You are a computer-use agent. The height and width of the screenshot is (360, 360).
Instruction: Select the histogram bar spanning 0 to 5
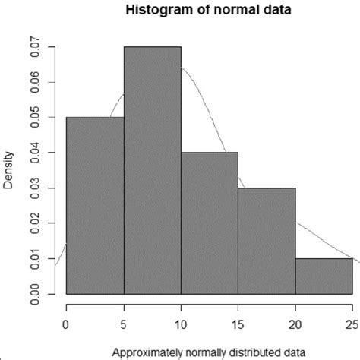coord(95,205)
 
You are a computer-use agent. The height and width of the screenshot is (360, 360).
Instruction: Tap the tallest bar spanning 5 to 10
coord(152,170)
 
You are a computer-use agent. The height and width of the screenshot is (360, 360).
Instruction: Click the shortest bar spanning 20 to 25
coord(324,276)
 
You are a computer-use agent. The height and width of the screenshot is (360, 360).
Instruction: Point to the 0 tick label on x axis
coord(67,321)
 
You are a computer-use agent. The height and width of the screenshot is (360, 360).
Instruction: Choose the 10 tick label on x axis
coord(181,321)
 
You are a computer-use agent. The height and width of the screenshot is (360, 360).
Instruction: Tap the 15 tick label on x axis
coord(238,321)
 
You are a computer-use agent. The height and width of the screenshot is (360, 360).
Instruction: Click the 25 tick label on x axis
coord(352,321)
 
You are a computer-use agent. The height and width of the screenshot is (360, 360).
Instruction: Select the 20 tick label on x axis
coord(295,321)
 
